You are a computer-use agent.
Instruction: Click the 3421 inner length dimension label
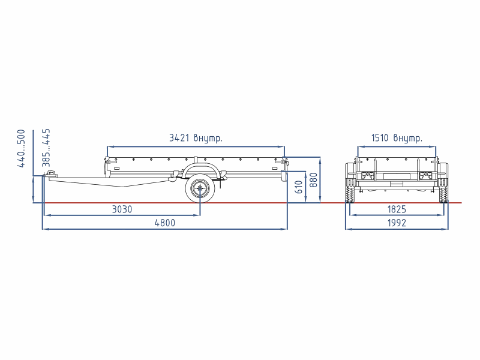pyautogui.click(x=196, y=138)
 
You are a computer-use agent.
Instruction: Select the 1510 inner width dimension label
pyautogui.click(x=397, y=138)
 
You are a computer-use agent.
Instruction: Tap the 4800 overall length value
pyautogui.click(x=164, y=223)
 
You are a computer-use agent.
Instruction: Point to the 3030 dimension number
pyautogui.click(x=122, y=209)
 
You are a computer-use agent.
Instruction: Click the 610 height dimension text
pyautogui.click(x=299, y=187)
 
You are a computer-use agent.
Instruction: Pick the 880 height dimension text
pyautogui.click(x=313, y=179)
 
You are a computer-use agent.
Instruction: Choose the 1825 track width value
pyautogui.click(x=397, y=209)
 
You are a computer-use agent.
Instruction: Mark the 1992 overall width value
pyautogui.click(x=397, y=223)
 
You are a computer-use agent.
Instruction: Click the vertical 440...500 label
pyautogui.click(x=21, y=148)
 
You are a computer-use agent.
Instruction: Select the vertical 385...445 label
pyautogui.click(x=46, y=148)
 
